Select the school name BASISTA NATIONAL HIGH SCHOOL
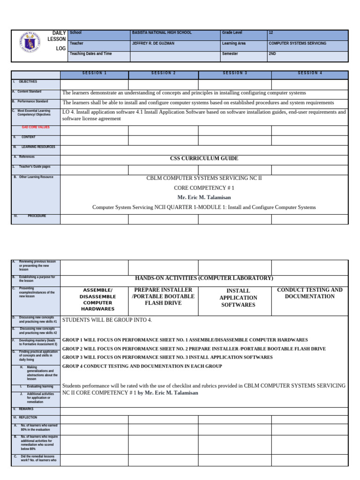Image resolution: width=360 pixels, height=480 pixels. tap(162, 33)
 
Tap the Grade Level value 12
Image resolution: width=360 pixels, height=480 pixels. tap(271, 33)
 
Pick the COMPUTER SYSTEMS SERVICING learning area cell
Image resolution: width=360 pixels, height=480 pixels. tap(298, 43)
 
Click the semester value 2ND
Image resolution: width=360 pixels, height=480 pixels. tap(272, 53)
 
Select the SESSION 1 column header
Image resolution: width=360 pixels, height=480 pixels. tap(94, 73)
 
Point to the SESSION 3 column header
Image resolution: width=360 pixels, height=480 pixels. tap(235, 73)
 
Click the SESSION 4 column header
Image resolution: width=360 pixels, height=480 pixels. tap(310, 73)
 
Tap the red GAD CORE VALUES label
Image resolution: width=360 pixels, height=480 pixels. tap(36, 127)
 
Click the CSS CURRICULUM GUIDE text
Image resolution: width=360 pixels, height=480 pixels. tap(204, 158)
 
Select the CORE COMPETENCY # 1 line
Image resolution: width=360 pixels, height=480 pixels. tap(204, 187)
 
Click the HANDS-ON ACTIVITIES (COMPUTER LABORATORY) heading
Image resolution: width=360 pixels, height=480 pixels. tap(204, 278)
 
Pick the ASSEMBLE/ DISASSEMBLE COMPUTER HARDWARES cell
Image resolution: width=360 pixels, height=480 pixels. tap(98, 300)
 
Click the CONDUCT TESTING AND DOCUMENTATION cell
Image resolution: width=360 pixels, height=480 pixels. tap(310, 293)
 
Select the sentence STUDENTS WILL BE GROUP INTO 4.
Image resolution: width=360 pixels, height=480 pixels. tap(107, 320)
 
